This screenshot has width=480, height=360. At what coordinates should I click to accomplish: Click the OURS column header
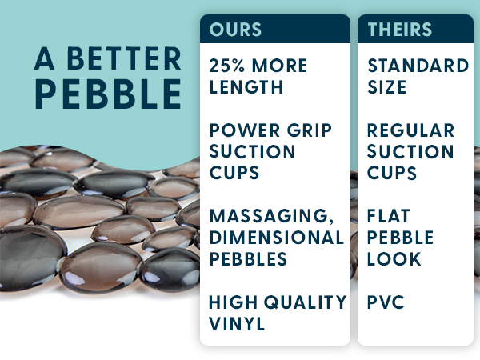pos(235,30)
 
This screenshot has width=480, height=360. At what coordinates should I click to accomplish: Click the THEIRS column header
pos(400,30)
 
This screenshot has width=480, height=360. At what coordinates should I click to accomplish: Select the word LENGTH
pos(247,86)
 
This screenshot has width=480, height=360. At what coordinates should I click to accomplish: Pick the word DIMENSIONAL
pos(276,237)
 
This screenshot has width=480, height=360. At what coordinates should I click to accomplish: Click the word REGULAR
pos(410,130)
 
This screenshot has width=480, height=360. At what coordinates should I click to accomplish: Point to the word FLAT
pos(390,216)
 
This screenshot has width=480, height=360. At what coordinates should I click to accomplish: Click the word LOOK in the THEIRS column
pos(394,259)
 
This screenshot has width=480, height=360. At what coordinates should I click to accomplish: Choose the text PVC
pos(385,302)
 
